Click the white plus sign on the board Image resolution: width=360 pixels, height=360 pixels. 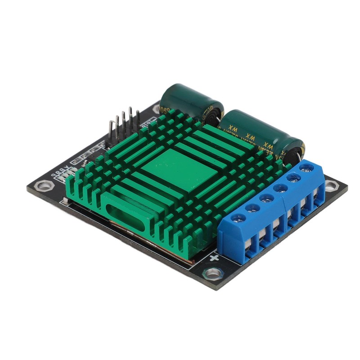(215, 258)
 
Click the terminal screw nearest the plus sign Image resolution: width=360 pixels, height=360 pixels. (238, 218)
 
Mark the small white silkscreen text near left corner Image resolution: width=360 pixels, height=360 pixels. (62, 173)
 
